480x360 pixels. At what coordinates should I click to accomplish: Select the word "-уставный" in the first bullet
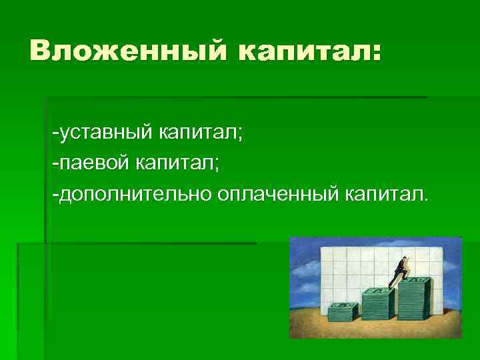(103, 134)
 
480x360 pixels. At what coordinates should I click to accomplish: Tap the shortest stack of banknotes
(343, 311)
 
